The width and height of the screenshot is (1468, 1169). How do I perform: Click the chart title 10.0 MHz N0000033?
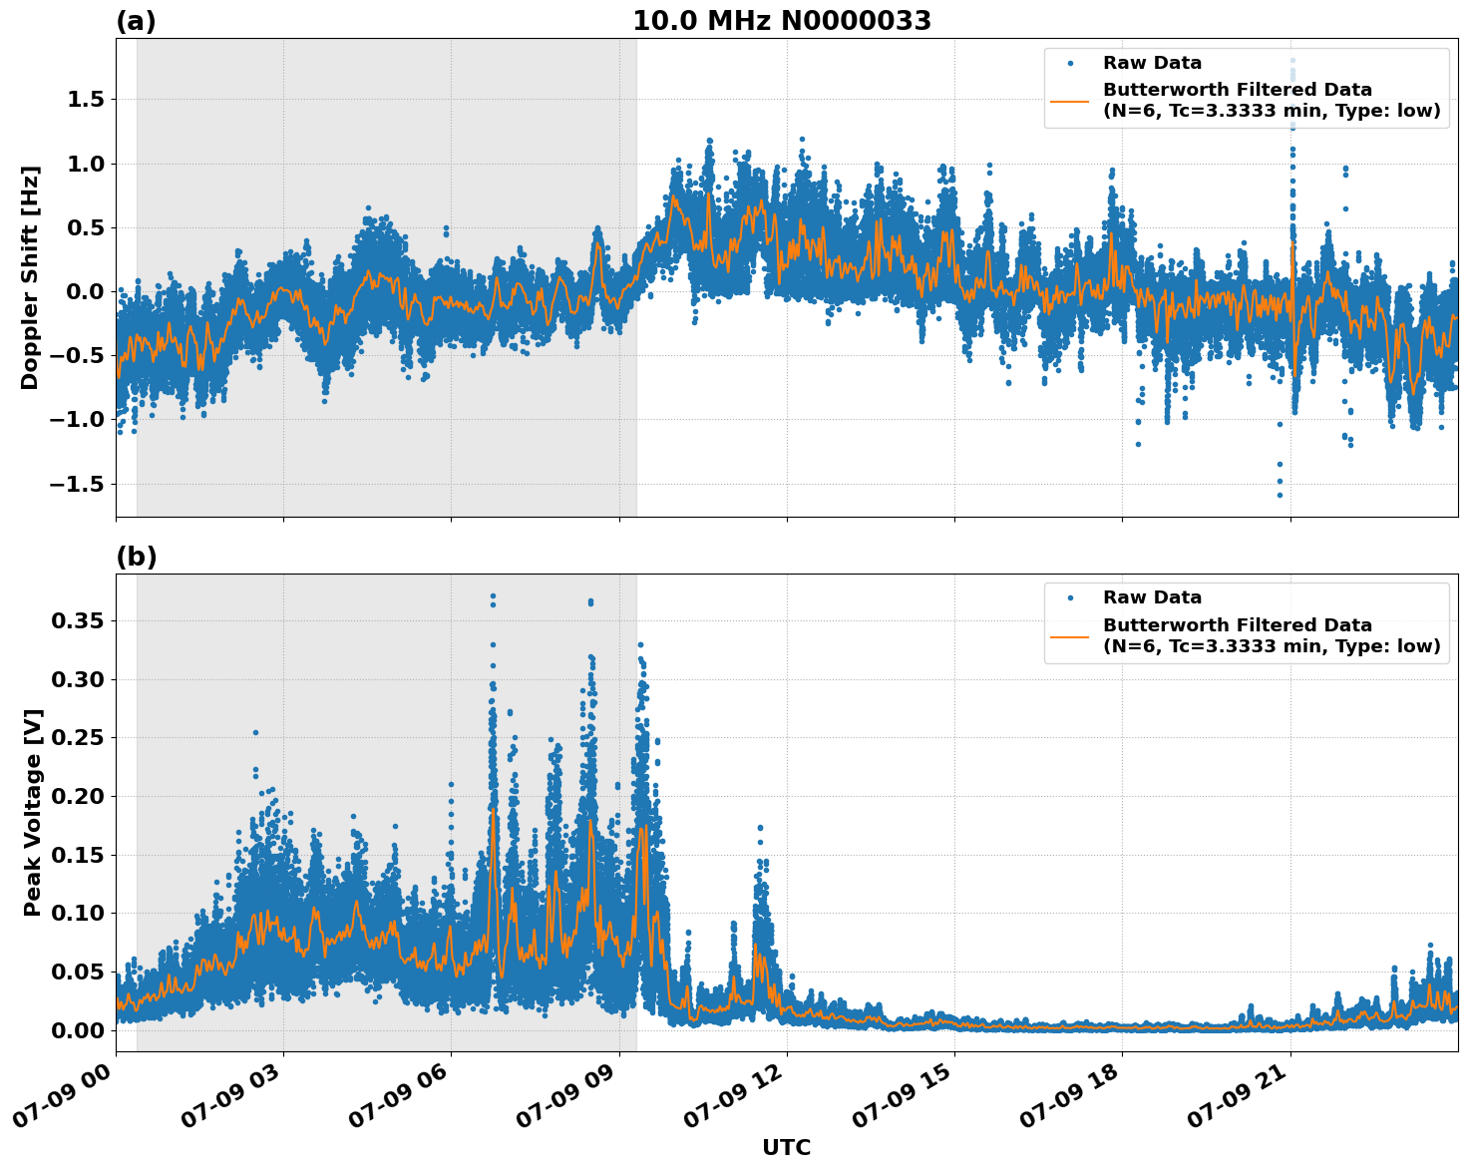(x=782, y=21)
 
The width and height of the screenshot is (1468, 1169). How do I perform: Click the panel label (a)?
(x=136, y=21)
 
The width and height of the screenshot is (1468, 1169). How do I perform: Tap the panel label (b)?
(x=136, y=557)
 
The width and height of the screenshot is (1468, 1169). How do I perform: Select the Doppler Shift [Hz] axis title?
(x=30, y=277)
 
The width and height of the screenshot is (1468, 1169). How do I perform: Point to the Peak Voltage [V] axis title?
(x=32, y=812)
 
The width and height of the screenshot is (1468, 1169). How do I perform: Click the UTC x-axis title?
(x=786, y=1147)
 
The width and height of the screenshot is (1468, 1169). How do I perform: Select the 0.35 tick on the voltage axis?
(x=78, y=620)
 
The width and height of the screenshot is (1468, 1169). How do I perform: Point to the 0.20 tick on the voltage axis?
(x=78, y=796)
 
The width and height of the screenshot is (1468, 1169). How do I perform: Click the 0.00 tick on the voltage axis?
(x=78, y=1029)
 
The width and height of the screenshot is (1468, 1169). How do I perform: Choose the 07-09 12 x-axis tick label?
(x=734, y=1101)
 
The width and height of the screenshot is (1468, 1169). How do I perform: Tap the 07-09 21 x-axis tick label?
(x=1238, y=1101)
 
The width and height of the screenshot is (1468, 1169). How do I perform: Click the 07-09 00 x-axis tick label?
(x=63, y=1101)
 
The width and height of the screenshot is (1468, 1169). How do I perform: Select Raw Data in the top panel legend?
(x=1152, y=64)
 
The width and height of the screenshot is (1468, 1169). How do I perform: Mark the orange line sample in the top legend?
(x=1070, y=100)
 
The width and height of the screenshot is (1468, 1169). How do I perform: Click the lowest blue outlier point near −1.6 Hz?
(x=1280, y=495)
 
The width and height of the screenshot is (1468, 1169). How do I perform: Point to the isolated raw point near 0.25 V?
(x=255, y=732)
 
